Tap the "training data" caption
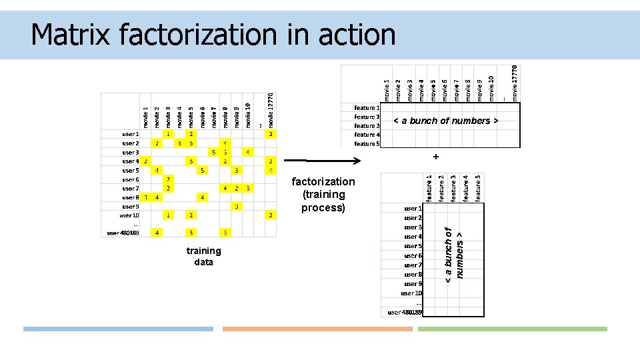203,257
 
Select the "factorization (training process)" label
323,195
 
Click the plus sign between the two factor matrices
435,157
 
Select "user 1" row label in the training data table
130,134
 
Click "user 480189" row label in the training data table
123,233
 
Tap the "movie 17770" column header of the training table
271,110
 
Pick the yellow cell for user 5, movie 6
202,170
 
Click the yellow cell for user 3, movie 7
214,152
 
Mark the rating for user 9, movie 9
237,207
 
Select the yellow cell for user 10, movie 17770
270,215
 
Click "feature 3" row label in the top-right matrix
367,125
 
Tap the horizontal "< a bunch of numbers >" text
445,121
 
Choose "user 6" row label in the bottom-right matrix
413,256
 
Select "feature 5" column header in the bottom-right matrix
478,187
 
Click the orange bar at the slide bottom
317,329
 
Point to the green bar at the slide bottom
512,329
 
